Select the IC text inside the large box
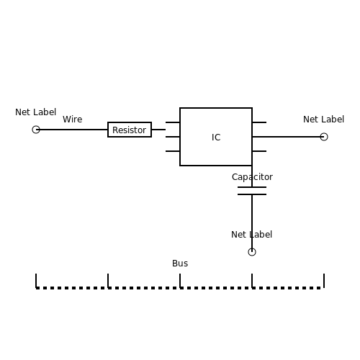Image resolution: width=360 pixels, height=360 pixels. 216,138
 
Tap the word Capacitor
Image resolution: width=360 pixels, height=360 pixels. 252,177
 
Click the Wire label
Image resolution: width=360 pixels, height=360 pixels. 73,120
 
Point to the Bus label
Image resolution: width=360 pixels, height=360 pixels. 180,264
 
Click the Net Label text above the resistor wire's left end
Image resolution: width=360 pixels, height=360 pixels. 36,112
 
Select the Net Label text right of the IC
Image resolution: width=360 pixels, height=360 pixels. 323,120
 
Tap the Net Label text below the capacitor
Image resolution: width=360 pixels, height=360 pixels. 251,235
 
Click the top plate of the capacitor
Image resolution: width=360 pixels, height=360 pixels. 252,187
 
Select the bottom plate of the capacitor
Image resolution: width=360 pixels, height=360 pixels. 252,194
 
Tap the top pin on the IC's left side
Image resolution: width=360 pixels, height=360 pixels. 173,122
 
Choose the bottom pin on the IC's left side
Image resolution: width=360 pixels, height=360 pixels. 173,151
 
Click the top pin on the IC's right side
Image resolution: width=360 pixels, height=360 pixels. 259,122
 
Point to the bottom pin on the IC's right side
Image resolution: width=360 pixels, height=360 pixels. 259,151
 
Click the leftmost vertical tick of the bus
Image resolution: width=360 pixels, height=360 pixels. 36,281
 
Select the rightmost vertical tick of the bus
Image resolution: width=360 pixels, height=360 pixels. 324,281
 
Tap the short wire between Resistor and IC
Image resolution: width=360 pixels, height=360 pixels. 158,130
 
